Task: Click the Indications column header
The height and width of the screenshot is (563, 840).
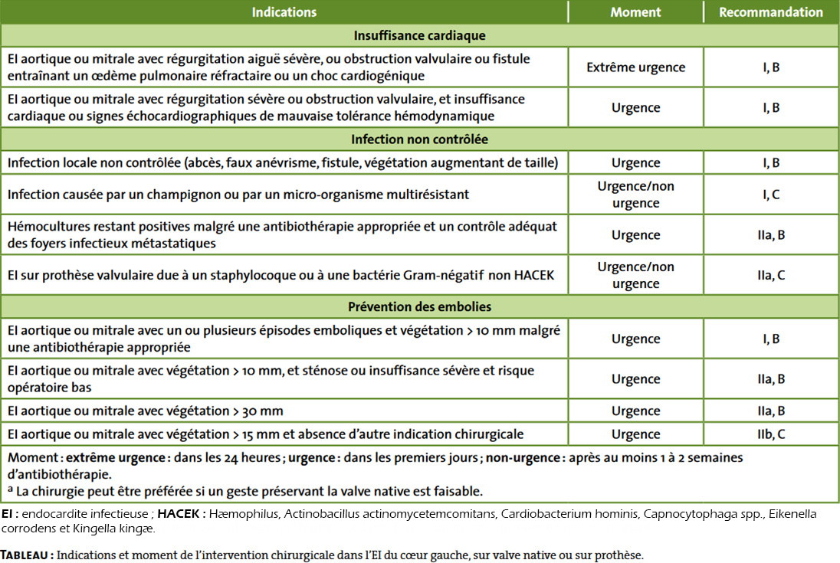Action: [284, 12]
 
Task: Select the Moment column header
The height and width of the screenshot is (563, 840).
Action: [635, 12]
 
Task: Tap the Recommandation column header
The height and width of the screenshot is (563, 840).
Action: [771, 12]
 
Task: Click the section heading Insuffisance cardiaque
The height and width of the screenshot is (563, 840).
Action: [419, 35]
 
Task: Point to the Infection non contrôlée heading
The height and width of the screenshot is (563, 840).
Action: [419, 139]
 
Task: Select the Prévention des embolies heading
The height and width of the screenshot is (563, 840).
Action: [419, 306]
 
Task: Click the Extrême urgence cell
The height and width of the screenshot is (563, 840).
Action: [635, 67]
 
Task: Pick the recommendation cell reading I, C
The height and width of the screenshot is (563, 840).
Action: [771, 195]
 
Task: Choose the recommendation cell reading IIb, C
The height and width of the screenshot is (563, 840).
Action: [771, 434]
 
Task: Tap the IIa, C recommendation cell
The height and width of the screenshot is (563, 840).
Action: [771, 275]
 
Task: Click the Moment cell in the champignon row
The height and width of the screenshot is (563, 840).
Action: [635, 195]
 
